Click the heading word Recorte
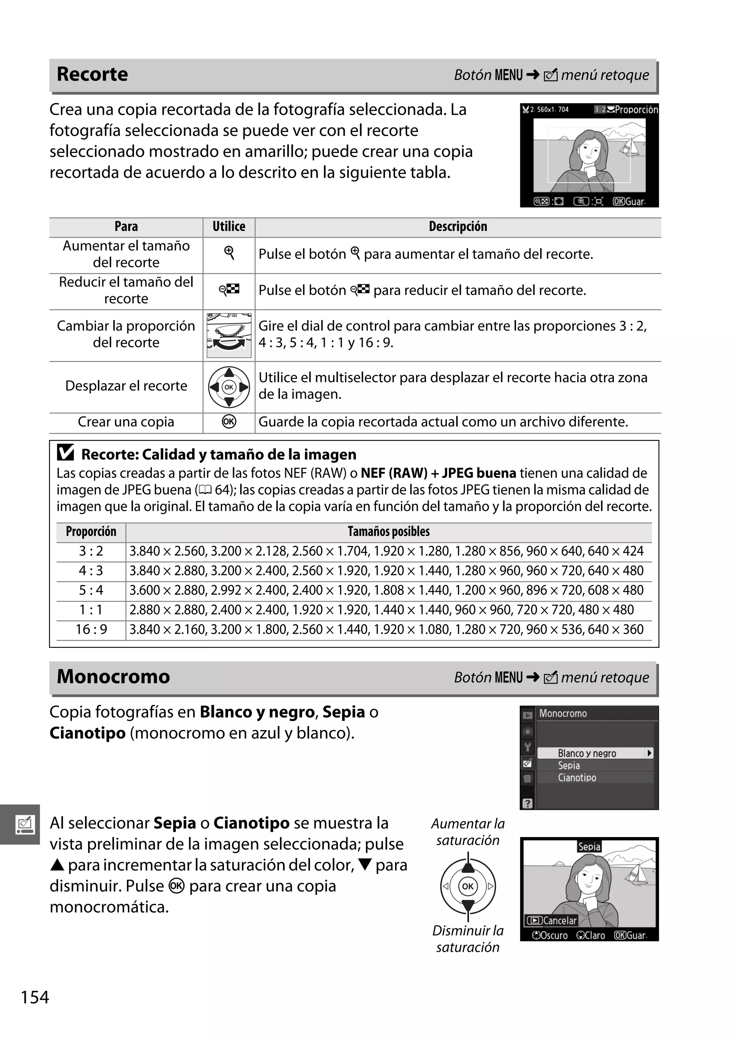pyautogui.click(x=92, y=74)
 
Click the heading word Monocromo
pyautogui.click(x=113, y=677)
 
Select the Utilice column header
pyautogui.click(x=229, y=227)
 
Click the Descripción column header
pyautogui.click(x=458, y=227)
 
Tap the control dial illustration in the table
pyautogui.click(x=229, y=335)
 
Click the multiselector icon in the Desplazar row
pyautogui.click(x=229, y=387)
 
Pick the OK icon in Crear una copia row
pyautogui.click(x=229, y=422)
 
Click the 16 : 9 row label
pyautogui.click(x=91, y=630)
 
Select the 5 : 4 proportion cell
pyautogui.click(x=91, y=590)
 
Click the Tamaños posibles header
pyautogui.click(x=389, y=531)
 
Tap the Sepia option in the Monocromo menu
pyautogui.click(x=569, y=765)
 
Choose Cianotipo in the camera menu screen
pyautogui.click(x=577, y=778)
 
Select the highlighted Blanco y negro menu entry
pyautogui.click(x=587, y=753)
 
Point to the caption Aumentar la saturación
pyautogui.click(x=468, y=832)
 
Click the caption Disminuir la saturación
pyautogui.click(x=468, y=939)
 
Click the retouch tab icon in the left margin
pyautogui.click(x=24, y=825)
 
